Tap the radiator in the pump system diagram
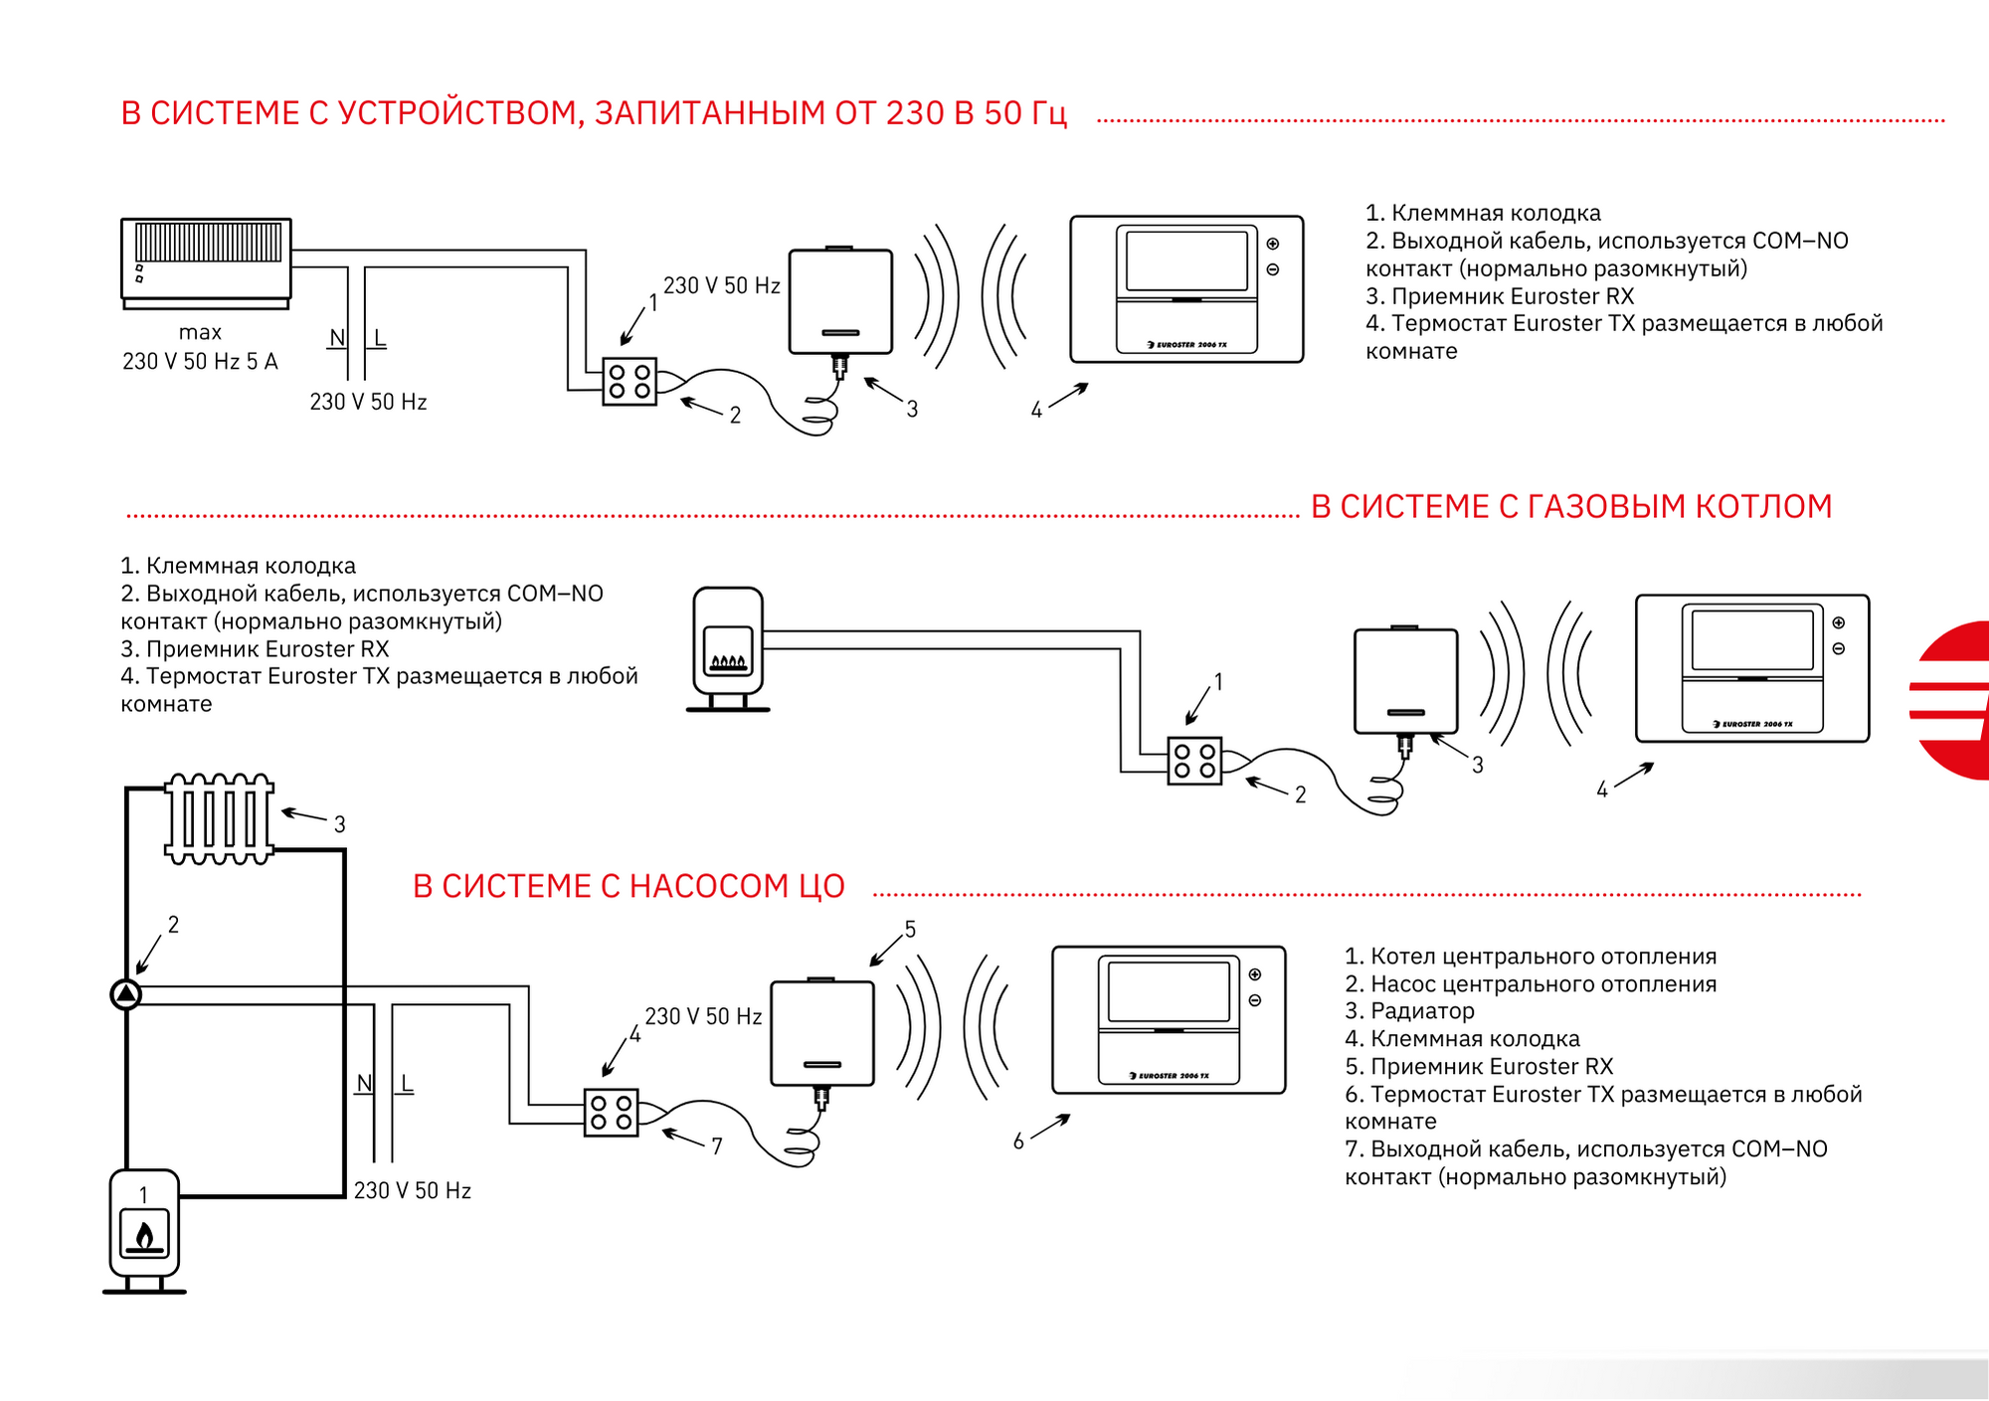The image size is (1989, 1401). click(x=219, y=818)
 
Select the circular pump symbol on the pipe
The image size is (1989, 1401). click(x=126, y=993)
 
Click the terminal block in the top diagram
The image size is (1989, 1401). click(x=630, y=382)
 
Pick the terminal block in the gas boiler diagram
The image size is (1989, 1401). click(x=1194, y=762)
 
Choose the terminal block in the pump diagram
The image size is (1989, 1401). click(x=611, y=1113)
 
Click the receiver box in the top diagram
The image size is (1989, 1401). click(x=840, y=301)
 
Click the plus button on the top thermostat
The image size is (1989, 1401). click(x=1273, y=244)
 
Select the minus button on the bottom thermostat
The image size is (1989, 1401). click(x=1255, y=1000)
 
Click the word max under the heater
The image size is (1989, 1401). click(x=200, y=332)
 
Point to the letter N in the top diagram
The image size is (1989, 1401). click(x=337, y=338)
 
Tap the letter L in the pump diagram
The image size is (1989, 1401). click(x=407, y=1084)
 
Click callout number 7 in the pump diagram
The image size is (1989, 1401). click(x=717, y=1146)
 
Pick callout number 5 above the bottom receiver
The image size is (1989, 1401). click(x=910, y=929)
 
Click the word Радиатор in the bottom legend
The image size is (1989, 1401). click(x=1423, y=1011)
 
